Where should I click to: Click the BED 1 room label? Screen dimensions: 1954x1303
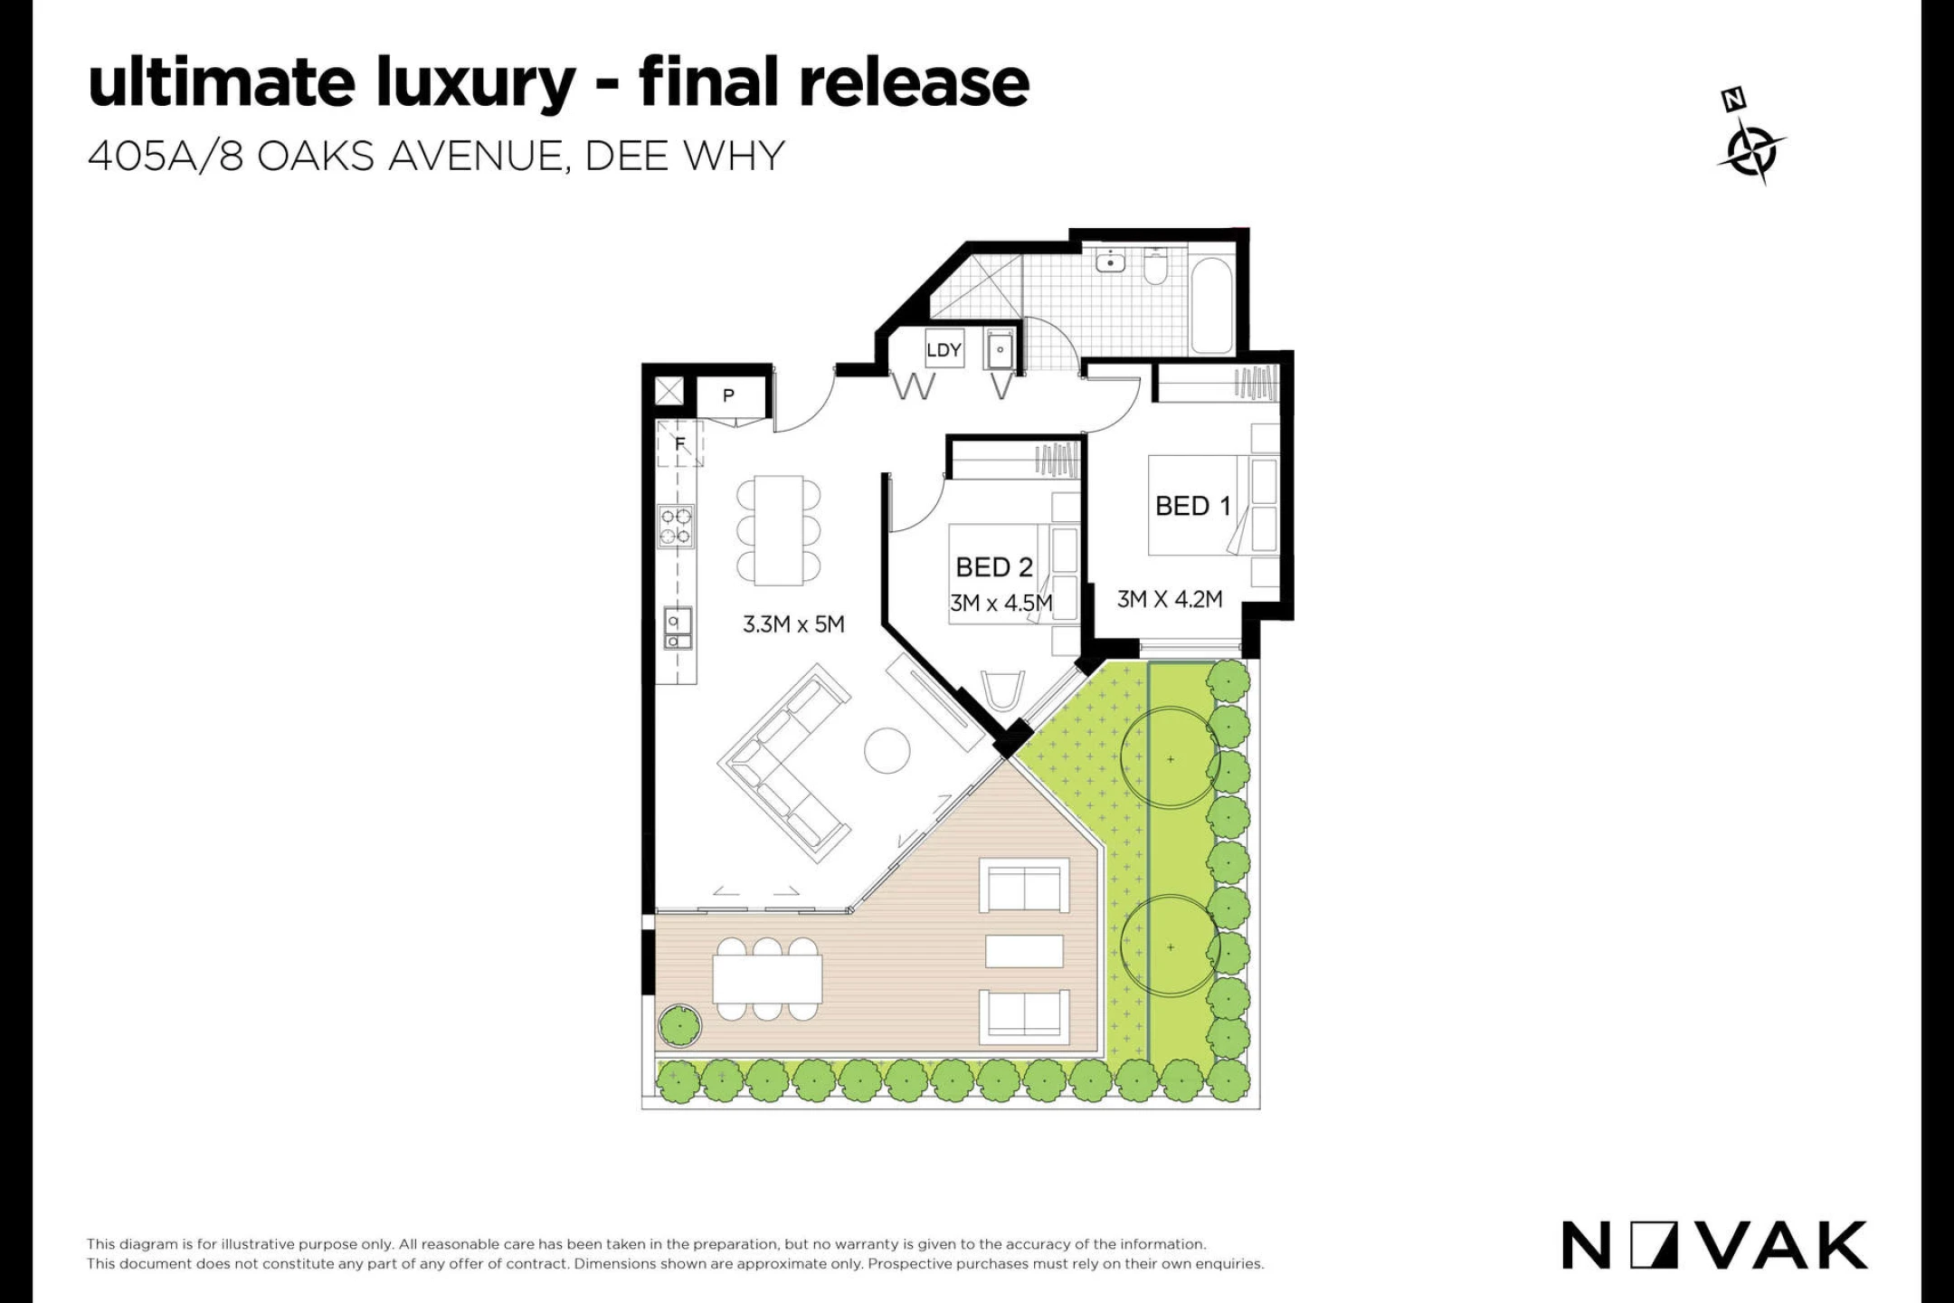(x=1193, y=506)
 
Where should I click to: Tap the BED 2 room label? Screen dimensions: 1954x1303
(x=994, y=567)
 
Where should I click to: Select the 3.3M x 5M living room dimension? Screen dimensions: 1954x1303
(x=793, y=624)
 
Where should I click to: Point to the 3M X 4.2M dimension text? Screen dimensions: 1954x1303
(x=1170, y=599)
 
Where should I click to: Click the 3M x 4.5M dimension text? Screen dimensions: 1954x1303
(x=1001, y=604)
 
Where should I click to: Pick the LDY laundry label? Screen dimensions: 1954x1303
(x=944, y=350)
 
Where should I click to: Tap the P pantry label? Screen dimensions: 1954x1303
(x=728, y=395)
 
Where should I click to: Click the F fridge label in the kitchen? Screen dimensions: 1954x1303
(x=680, y=444)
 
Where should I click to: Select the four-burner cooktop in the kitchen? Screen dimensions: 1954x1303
(x=676, y=528)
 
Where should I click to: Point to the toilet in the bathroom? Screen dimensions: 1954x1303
(x=1155, y=265)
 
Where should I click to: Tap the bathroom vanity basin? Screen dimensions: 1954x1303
(x=1110, y=262)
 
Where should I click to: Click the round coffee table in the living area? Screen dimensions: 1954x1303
(x=887, y=751)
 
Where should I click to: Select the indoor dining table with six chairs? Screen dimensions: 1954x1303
(x=778, y=530)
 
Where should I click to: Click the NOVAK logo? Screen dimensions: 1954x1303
(x=1714, y=1245)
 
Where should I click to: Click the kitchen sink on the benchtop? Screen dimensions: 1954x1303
(x=677, y=628)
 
